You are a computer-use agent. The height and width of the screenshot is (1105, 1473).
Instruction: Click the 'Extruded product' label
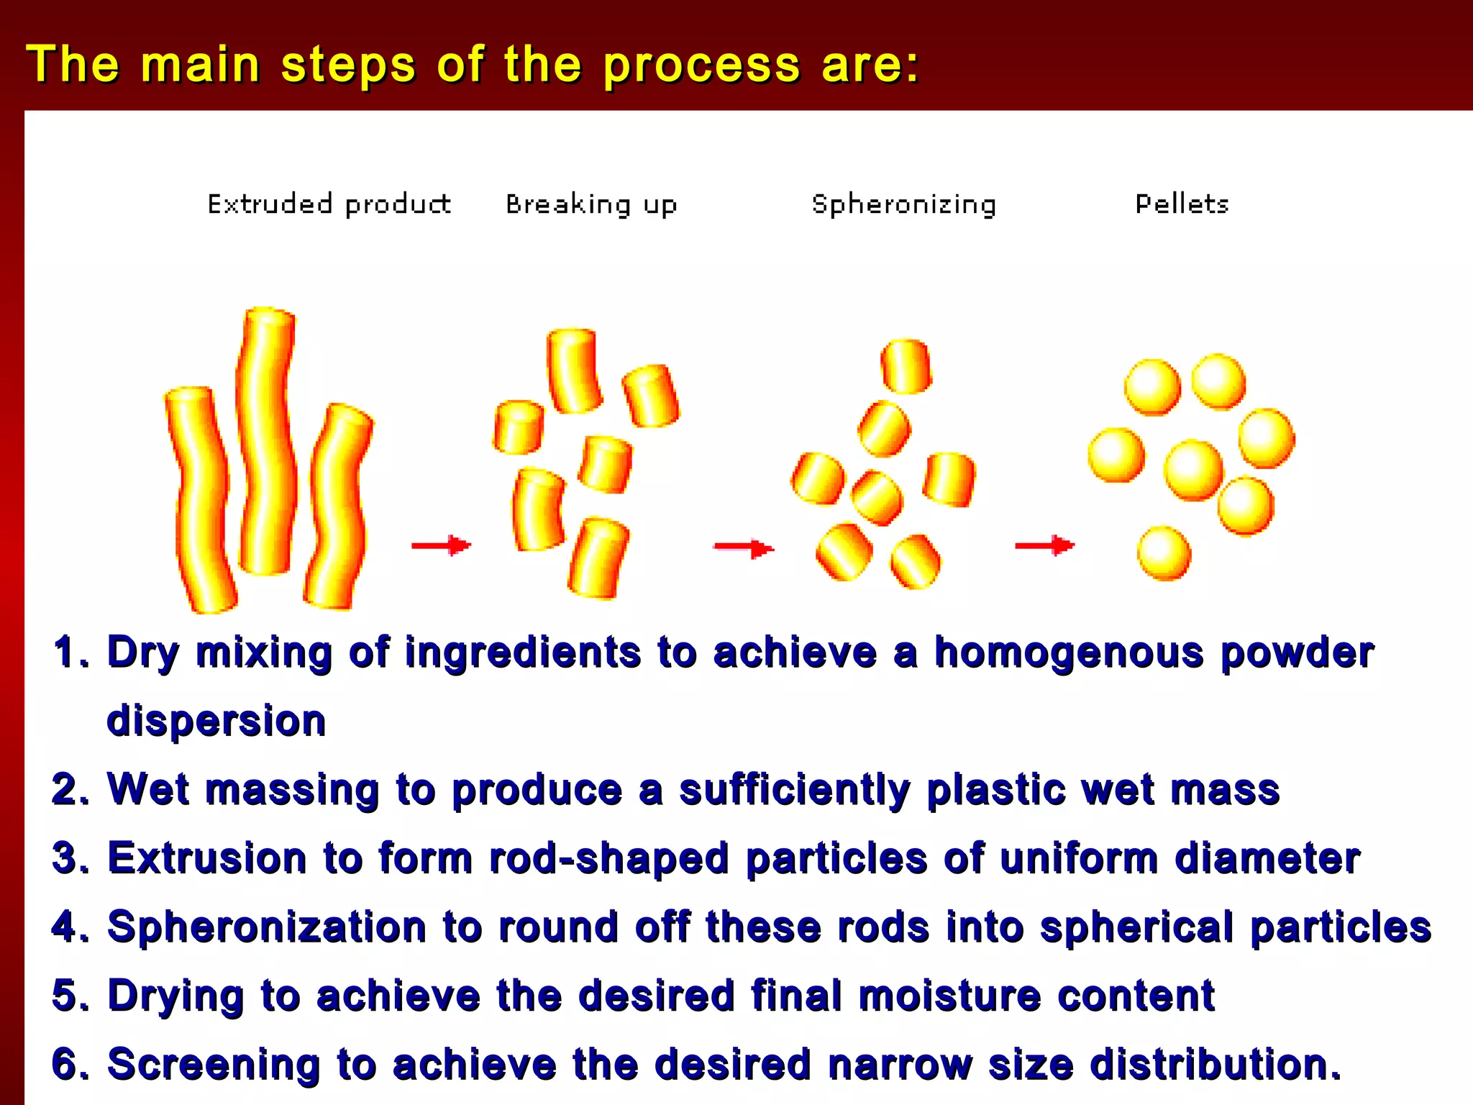tap(329, 205)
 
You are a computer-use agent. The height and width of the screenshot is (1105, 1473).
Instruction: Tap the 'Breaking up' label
tap(591, 206)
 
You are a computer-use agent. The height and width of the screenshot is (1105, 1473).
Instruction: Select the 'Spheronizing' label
tap(903, 206)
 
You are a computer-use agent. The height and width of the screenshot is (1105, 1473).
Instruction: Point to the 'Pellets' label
tap(1182, 205)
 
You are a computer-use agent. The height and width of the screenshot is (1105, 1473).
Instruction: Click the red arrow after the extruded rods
tap(441, 545)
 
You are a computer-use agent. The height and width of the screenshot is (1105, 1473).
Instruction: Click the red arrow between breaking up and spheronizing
tap(744, 549)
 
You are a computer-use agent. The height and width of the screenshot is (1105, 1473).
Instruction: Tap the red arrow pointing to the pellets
tap(1044, 546)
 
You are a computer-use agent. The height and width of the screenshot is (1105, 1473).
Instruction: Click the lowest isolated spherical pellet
tap(1164, 553)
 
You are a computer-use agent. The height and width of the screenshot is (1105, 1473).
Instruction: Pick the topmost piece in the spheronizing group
tap(906, 366)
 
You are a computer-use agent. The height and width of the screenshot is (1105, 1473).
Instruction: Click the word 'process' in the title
tap(701, 65)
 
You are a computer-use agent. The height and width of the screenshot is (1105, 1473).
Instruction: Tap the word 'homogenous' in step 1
tap(1069, 653)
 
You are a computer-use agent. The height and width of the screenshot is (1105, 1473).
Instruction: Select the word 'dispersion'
tap(216, 721)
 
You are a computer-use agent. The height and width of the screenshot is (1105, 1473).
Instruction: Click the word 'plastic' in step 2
tap(995, 790)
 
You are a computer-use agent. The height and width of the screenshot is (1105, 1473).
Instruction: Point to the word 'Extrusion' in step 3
tap(207, 858)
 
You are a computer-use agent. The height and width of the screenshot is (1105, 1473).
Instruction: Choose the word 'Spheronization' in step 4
tap(267, 927)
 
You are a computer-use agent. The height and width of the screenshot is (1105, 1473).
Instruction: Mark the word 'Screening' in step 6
tap(214, 1064)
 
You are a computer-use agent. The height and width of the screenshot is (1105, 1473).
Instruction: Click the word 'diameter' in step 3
tap(1267, 858)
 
